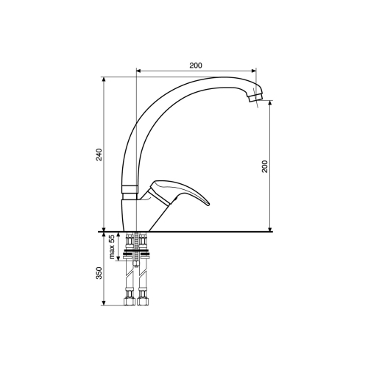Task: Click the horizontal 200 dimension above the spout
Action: (x=196, y=66)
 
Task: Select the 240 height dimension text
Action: (x=99, y=155)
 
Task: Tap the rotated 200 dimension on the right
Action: (x=265, y=166)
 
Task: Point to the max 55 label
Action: (x=112, y=247)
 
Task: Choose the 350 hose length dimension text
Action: (x=99, y=273)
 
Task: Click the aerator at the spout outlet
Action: (x=255, y=96)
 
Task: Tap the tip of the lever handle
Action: (x=208, y=204)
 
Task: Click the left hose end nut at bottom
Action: (x=130, y=302)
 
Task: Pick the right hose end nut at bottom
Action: (x=142, y=302)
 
